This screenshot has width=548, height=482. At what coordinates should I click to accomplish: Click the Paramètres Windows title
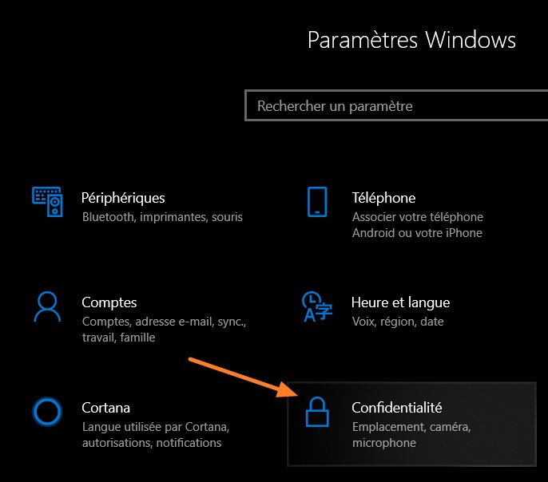(x=411, y=39)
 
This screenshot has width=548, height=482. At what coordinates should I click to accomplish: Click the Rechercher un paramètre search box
(x=396, y=105)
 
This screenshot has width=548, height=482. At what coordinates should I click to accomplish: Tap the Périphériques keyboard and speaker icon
(x=47, y=202)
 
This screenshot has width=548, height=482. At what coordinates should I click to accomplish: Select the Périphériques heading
(x=123, y=198)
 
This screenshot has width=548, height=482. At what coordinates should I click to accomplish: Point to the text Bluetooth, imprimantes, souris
(x=162, y=217)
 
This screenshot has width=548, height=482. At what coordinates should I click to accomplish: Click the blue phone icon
(x=317, y=202)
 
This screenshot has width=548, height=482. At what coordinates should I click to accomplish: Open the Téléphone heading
(x=383, y=198)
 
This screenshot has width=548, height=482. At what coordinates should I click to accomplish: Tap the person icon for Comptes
(x=47, y=306)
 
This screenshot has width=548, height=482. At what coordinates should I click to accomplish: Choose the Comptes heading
(x=109, y=302)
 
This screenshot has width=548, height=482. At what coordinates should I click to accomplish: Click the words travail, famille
(x=118, y=337)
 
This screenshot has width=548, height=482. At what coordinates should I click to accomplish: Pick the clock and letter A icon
(x=317, y=306)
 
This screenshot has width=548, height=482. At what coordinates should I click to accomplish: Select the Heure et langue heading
(x=400, y=302)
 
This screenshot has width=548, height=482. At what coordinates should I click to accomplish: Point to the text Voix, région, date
(x=398, y=322)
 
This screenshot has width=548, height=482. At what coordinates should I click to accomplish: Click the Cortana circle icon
(x=47, y=412)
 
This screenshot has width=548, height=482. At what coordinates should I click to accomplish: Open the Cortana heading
(x=106, y=408)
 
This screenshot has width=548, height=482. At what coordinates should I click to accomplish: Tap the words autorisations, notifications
(x=152, y=443)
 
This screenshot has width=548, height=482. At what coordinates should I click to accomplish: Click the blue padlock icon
(x=317, y=412)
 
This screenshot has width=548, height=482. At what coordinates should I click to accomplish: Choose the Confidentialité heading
(x=397, y=408)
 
